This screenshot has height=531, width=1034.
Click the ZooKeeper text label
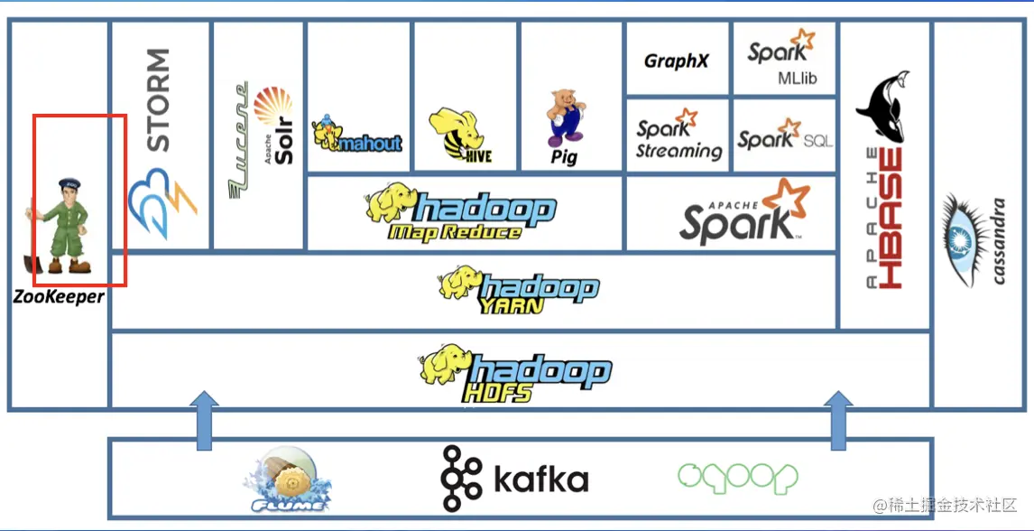[59, 296]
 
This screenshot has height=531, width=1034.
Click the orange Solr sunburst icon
[273, 107]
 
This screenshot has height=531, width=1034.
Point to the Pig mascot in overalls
[565, 117]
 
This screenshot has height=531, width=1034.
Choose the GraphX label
[676, 61]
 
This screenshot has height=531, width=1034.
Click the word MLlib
[797, 79]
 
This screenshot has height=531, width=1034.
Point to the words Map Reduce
[455, 232]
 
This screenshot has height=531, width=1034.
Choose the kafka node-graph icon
[462, 479]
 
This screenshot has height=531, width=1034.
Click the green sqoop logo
[738, 478]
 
